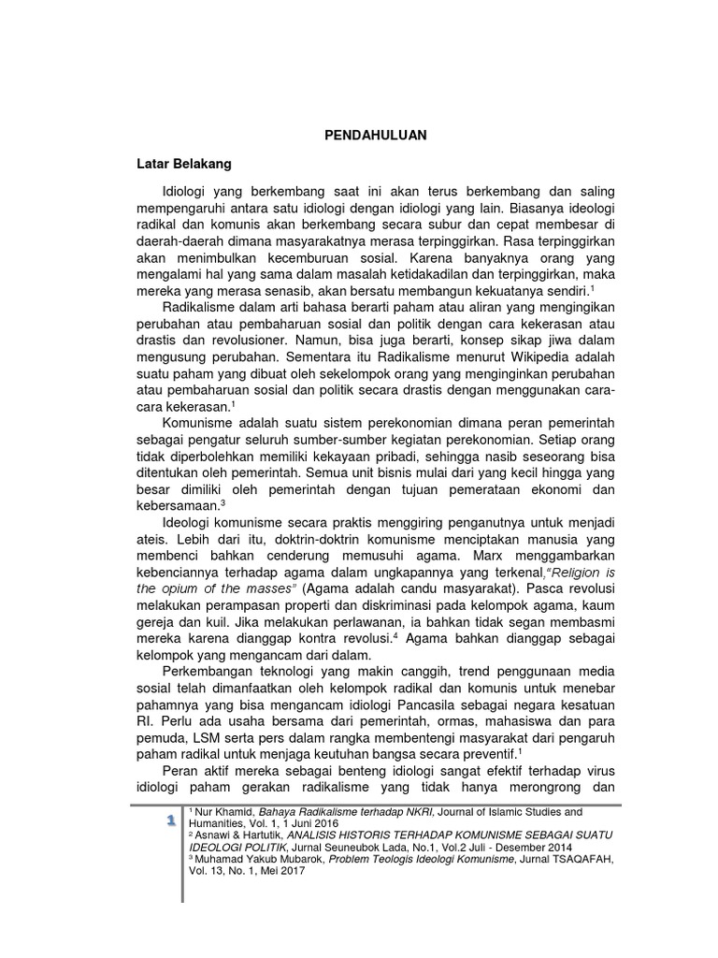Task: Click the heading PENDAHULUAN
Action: pos(368,135)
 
